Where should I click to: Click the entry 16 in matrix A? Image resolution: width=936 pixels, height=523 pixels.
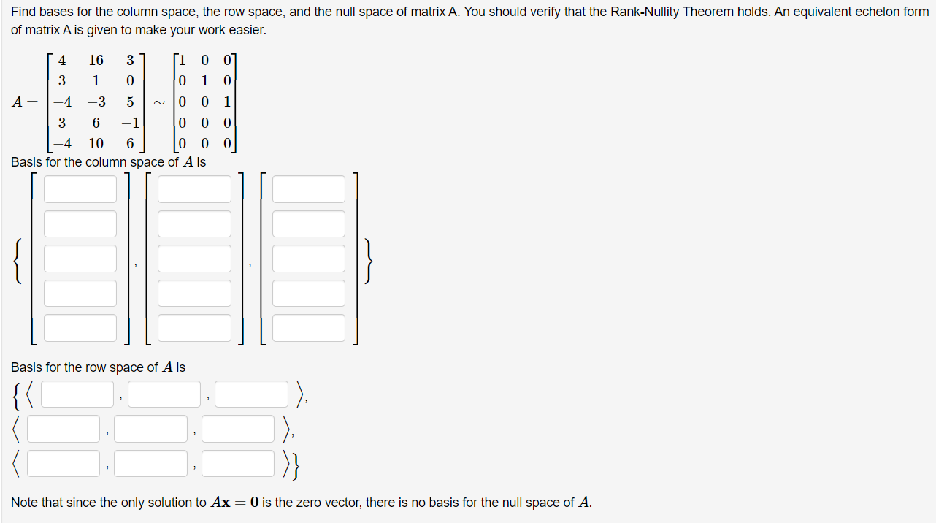(96, 60)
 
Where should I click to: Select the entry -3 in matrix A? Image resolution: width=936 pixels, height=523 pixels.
(96, 102)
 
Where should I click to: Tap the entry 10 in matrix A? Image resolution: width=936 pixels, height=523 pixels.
(96, 144)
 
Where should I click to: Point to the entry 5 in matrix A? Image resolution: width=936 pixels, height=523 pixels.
(129, 102)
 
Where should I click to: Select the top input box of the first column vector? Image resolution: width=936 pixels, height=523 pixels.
(80, 189)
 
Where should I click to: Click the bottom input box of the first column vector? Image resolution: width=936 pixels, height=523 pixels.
(80, 328)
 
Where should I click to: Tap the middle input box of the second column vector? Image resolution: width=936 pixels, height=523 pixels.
(194, 259)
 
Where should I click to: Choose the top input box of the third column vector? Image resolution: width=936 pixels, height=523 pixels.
(309, 189)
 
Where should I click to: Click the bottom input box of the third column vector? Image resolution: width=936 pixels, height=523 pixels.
(309, 328)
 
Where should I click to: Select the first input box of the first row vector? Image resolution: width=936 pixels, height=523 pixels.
(77, 394)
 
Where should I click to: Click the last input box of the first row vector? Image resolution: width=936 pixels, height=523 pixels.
(252, 394)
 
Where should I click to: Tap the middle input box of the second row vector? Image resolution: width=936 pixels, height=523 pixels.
(150, 429)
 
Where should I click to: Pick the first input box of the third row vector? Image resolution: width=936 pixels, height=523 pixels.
(64, 463)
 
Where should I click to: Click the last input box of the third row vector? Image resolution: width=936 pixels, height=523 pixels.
(238, 463)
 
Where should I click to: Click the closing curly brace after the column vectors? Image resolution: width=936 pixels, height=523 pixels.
(370, 260)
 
